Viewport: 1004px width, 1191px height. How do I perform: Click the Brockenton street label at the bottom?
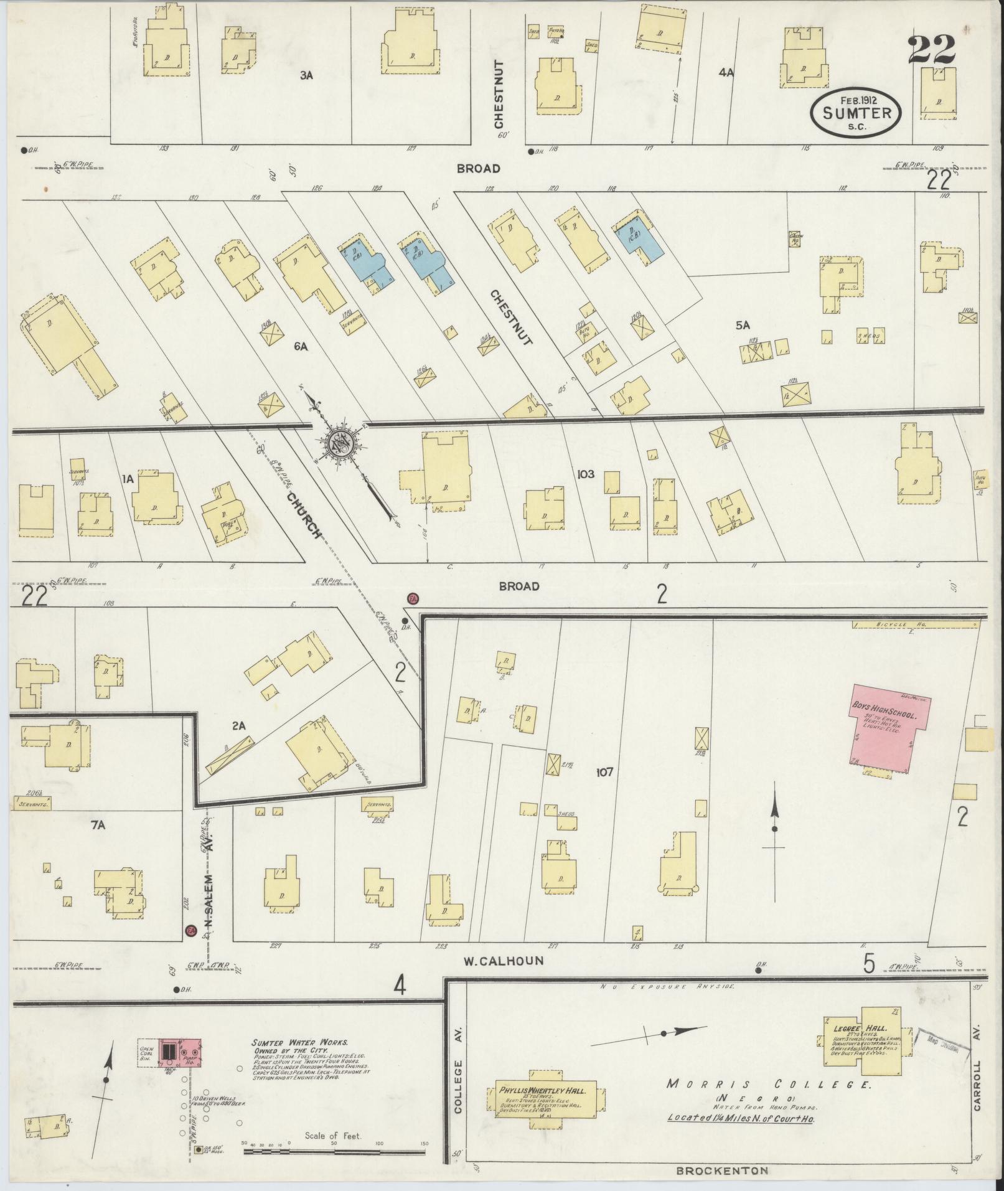[722, 1171]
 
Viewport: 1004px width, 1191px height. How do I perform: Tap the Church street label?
[304, 515]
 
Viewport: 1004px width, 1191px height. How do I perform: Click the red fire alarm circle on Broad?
[413, 599]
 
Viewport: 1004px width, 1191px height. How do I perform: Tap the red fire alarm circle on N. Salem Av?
[192, 948]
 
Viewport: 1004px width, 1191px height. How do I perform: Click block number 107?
[604, 773]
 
